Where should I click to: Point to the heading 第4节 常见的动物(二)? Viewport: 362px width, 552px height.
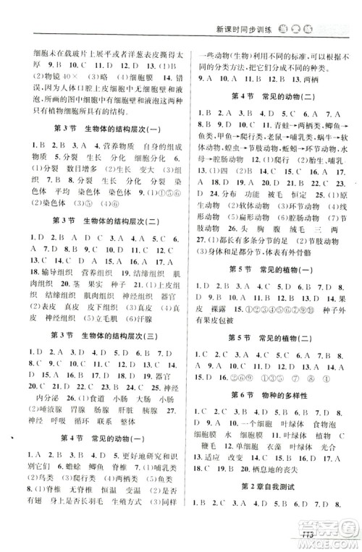pyautogui.click(x=272, y=97)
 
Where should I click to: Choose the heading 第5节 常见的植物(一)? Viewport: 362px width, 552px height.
pyautogui.click(x=272, y=268)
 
